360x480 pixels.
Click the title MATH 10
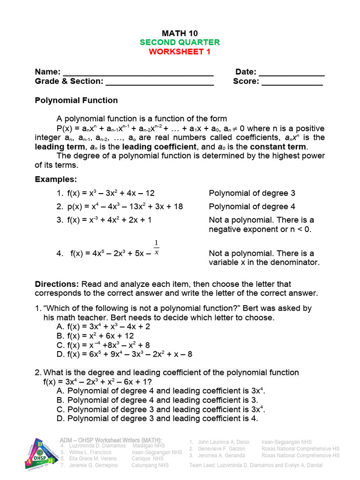click(x=180, y=33)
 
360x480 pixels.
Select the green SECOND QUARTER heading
click(x=180, y=42)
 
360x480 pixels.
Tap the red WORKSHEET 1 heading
click(x=180, y=52)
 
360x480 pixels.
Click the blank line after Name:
click(x=138, y=73)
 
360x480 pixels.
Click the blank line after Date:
click(x=292, y=73)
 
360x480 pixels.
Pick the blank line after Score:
click(x=292, y=82)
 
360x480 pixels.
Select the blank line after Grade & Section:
click(x=160, y=82)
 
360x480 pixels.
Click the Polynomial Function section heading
click(x=76, y=100)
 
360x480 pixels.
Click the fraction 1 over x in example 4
click(x=156, y=247)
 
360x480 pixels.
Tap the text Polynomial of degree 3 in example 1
click(x=252, y=193)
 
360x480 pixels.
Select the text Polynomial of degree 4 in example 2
click(x=252, y=207)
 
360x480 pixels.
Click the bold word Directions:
click(x=57, y=284)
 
